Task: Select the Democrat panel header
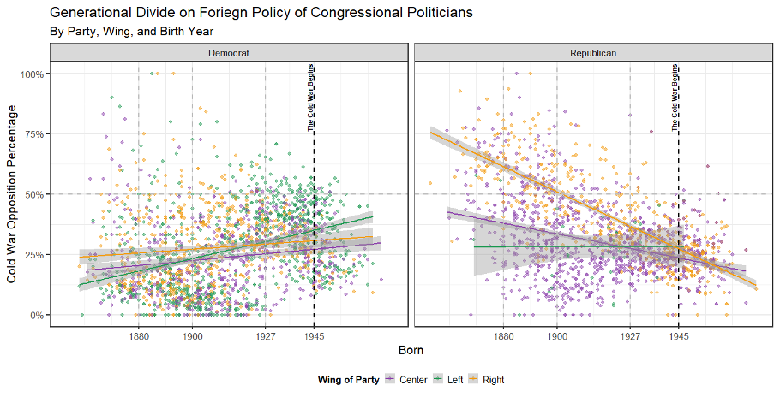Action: pos(229,53)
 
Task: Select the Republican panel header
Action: pos(593,53)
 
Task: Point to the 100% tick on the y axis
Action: pos(32,74)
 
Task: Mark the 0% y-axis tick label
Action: pos(37,315)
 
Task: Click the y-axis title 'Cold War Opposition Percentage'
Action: pos(11,194)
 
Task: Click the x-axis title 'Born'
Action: pos(411,351)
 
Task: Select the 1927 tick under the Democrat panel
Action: pos(265,336)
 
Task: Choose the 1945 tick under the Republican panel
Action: pos(678,336)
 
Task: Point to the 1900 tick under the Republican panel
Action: pos(557,336)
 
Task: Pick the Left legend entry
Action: pos(451,380)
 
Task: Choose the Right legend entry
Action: pos(488,380)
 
